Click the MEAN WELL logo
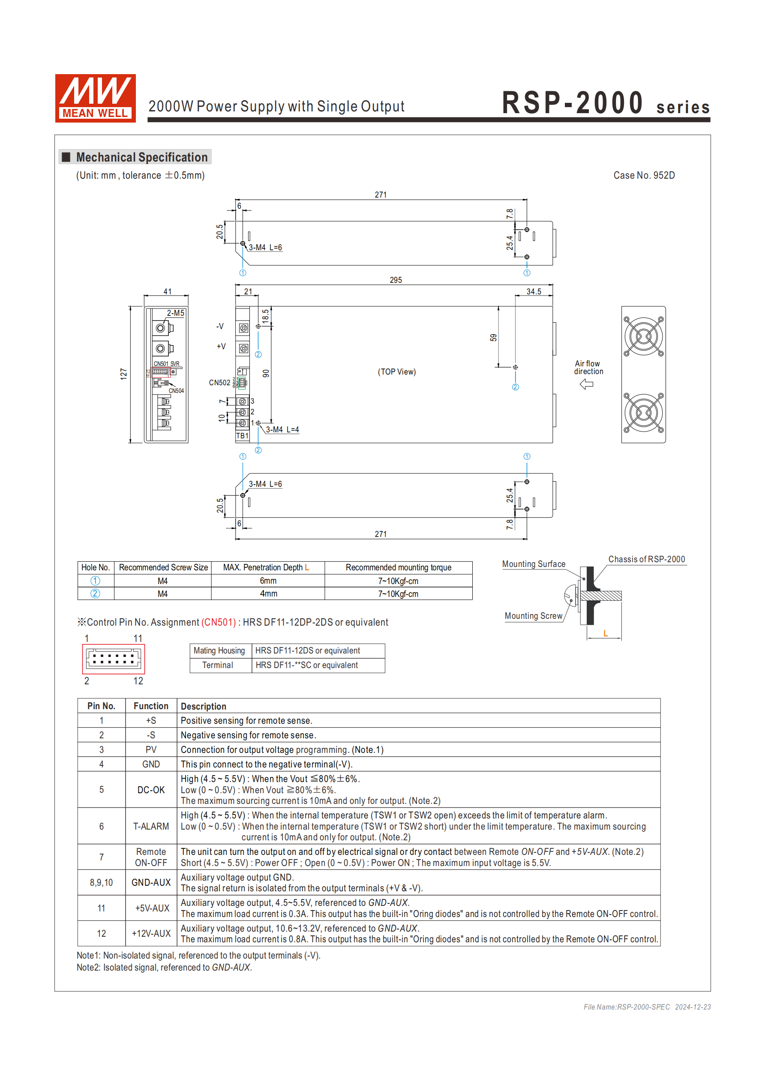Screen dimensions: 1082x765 (x=95, y=98)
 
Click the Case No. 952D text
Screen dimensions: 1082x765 (x=643, y=175)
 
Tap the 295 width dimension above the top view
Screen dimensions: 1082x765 (x=396, y=280)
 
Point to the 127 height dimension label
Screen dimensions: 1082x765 (x=123, y=374)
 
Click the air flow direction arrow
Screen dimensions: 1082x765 (x=586, y=384)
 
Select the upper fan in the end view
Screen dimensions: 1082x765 (x=643, y=336)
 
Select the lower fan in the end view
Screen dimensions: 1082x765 (x=643, y=413)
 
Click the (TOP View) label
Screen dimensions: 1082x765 (x=396, y=372)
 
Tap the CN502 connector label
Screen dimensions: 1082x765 (x=220, y=383)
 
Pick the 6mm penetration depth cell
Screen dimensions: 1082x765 (x=268, y=581)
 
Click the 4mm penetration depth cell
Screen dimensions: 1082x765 (x=268, y=594)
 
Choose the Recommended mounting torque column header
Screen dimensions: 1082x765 (x=398, y=567)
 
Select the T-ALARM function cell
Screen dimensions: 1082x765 (x=151, y=826)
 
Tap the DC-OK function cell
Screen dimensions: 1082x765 (x=151, y=790)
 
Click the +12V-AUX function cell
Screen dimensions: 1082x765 (x=151, y=934)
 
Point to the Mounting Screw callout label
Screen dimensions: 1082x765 (x=533, y=616)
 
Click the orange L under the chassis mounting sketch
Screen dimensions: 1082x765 (x=605, y=633)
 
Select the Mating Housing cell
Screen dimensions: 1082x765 (x=219, y=650)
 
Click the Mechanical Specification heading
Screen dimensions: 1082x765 (x=141, y=157)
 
